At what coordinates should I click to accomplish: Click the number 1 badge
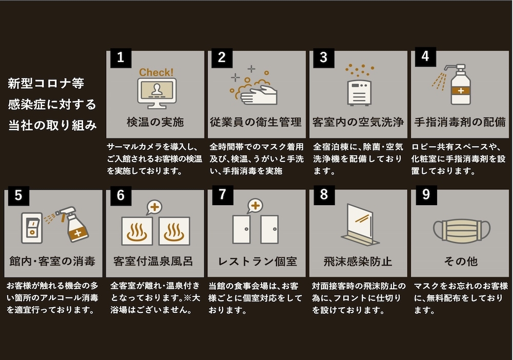pyautogui.click(x=121, y=57)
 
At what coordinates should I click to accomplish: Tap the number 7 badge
pyautogui.click(x=222, y=196)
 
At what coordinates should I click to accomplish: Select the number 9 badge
pyautogui.click(x=425, y=196)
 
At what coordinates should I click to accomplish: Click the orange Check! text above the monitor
pyautogui.click(x=156, y=72)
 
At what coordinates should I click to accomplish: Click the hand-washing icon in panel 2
pyautogui.click(x=256, y=91)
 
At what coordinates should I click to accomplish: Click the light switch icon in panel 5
pyautogui.click(x=31, y=227)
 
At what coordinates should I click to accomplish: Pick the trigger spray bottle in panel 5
pyautogui.click(x=75, y=226)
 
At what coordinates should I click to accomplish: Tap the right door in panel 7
pyautogui.click(x=269, y=229)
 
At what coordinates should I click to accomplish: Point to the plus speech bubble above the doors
pyautogui.click(x=254, y=206)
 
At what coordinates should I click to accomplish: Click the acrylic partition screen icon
pyautogui.click(x=359, y=225)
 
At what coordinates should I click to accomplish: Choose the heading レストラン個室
pyautogui.click(x=257, y=262)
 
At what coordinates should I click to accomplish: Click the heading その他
pyautogui.click(x=460, y=262)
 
